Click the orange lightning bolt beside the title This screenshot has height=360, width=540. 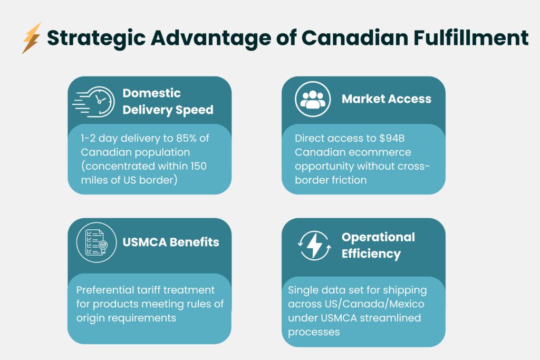31,38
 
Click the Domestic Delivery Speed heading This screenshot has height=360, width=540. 168,101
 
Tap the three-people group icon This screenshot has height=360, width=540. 312,99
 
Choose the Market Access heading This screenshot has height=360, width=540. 386,99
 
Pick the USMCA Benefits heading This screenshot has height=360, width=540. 170,242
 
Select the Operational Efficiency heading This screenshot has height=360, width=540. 378,245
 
